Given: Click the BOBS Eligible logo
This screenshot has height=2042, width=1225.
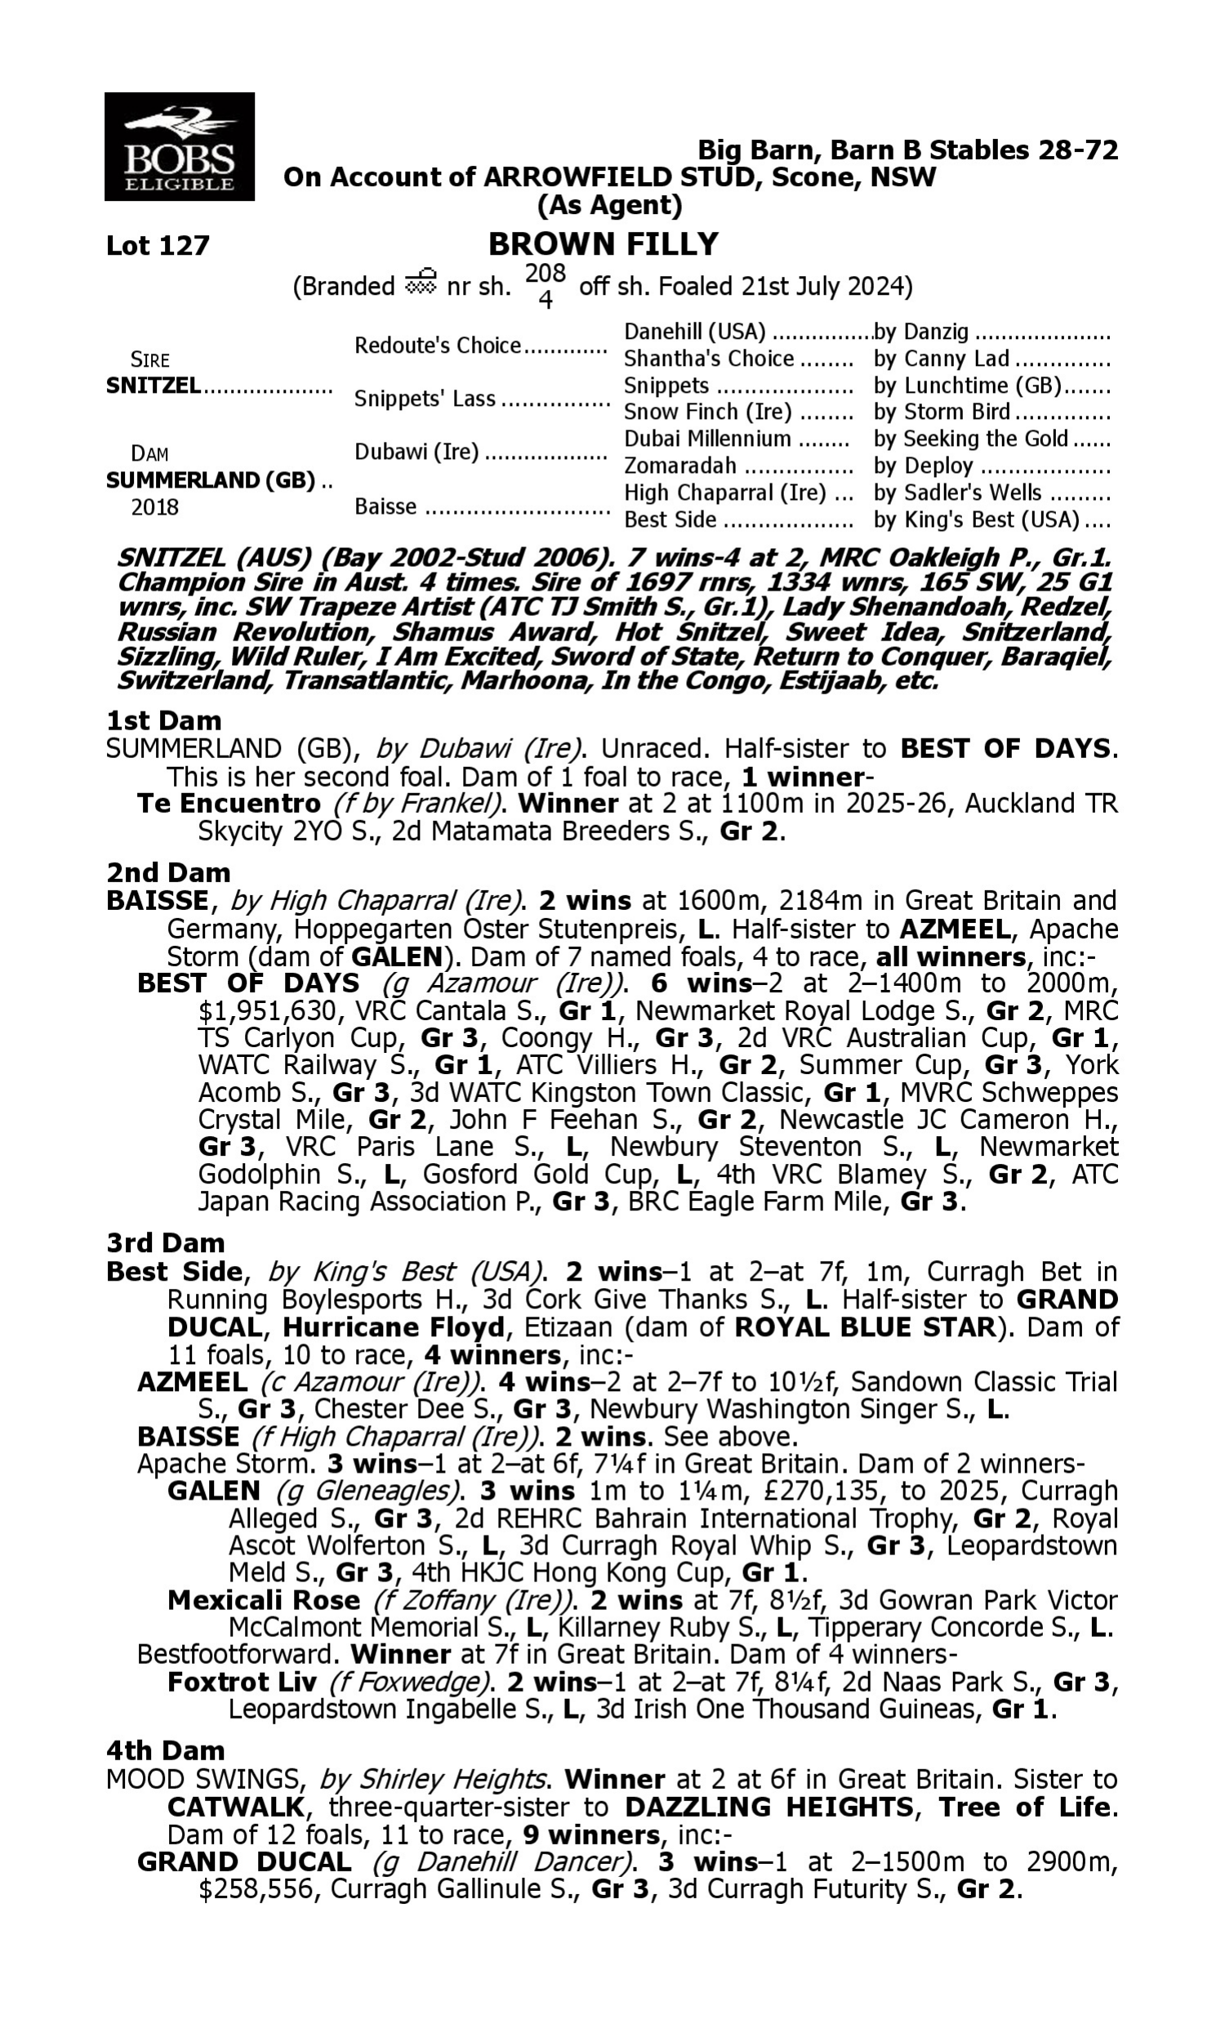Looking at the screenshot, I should coord(179,146).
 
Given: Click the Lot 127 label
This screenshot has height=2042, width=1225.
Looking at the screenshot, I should coord(158,245).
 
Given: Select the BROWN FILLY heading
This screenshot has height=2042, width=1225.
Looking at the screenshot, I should coord(604,244).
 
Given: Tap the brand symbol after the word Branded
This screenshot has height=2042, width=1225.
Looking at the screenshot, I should coord(420,283).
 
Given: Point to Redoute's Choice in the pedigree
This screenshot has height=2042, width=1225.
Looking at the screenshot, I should coord(438,345).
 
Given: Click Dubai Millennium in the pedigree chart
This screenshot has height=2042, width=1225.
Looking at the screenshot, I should coord(706,439).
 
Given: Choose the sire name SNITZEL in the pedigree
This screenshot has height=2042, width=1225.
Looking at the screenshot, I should coord(153,386).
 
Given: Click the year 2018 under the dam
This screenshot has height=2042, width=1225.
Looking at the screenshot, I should coord(154,506).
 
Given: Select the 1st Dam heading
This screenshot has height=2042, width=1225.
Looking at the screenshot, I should coord(163,720).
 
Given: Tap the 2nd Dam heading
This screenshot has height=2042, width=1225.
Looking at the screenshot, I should coord(168,872).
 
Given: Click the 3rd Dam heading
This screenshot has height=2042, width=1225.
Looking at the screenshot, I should coord(165,1242).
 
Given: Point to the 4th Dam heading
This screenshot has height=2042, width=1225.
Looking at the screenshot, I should coord(165,1750).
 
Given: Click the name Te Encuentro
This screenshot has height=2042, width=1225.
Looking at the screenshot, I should coord(229,803).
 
